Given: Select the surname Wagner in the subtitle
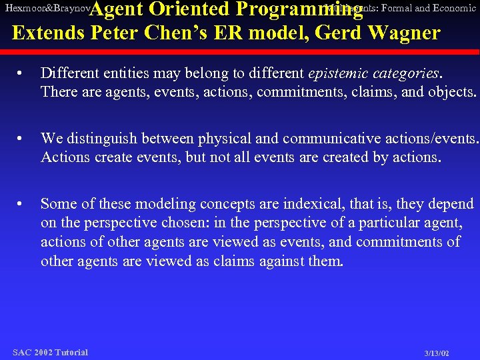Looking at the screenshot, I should click(406, 33).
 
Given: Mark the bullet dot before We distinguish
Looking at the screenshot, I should click(22, 139).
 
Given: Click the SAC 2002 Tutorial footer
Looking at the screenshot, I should click(51, 352).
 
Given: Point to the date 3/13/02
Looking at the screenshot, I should click(437, 353).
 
